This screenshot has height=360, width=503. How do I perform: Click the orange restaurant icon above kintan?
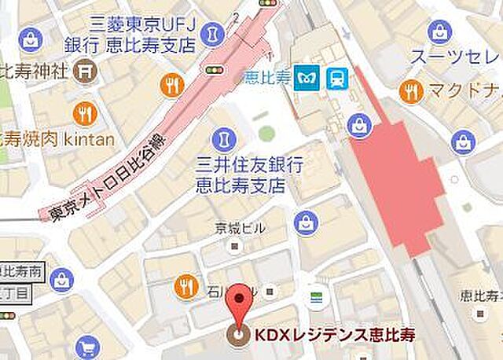(84, 115)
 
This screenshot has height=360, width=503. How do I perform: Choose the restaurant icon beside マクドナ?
(409, 91)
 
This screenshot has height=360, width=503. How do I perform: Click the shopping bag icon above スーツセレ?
(439, 32)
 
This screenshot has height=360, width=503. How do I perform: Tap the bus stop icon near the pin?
(317, 296)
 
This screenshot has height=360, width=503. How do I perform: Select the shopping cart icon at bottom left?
(87, 347)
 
